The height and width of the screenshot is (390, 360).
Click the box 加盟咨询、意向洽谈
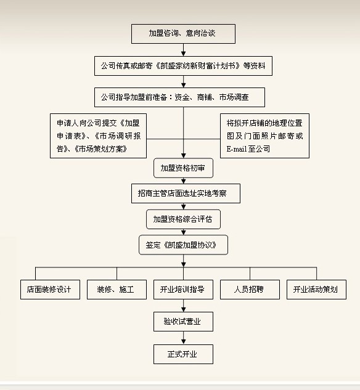click(x=183, y=33)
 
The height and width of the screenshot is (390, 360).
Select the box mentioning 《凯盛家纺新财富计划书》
click(x=183, y=65)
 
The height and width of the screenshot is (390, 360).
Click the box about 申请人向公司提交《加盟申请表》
click(x=98, y=136)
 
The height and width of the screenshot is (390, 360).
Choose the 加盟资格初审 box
click(x=183, y=168)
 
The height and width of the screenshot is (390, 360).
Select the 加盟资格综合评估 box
click(x=183, y=219)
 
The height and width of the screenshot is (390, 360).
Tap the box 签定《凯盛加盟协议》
click(x=183, y=245)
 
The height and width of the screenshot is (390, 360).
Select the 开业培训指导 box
click(x=182, y=290)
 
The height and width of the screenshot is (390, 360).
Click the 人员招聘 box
click(x=249, y=290)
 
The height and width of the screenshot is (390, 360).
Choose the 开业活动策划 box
click(x=316, y=290)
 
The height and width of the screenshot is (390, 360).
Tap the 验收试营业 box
click(x=183, y=322)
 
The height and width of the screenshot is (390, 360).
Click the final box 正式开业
click(x=183, y=354)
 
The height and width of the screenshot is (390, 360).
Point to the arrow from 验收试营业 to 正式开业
click(x=183, y=338)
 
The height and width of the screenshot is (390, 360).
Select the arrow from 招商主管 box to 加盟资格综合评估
click(x=183, y=206)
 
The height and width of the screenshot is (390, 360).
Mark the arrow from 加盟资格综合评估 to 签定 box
click(x=183, y=232)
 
